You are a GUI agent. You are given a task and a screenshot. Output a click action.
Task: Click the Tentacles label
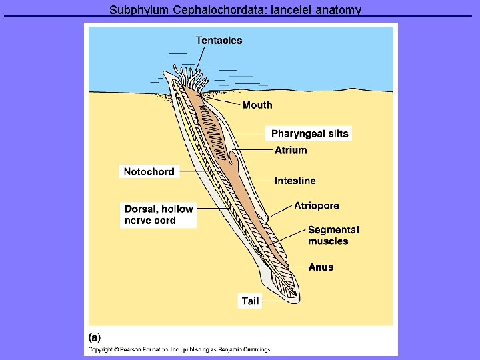pyautogui.click(x=219, y=41)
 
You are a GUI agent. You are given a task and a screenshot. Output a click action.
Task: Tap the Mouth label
pyautogui.click(x=257, y=105)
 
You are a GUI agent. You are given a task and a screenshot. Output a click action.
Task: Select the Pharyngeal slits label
pyautogui.click(x=309, y=134)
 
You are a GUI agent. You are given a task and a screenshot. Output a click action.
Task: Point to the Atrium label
pyautogui.click(x=291, y=151)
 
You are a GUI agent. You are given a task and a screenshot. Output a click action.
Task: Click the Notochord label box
pyautogui.click(x=149, y=172)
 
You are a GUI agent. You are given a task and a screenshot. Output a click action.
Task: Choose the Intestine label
pyautogui.click(x=295, y=181)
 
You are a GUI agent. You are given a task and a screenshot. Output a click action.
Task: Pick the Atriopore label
pyautogui.click(x=316, y=206)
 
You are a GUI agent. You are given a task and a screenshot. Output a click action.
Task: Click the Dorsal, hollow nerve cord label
pyautogui.click(x=159, y=215)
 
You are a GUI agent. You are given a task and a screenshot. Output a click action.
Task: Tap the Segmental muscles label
pyautogui.click(x=333, y=235)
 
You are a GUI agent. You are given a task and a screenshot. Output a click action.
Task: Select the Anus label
pyautogui.click(x=321, y=267)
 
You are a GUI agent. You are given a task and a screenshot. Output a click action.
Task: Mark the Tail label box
pyautogui.click(x=250, y=301)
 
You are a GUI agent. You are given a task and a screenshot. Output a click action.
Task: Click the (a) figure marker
pyautogui.click(x=95, y=337)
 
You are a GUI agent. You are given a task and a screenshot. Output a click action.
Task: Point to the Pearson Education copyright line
pyautogui.click(x=181, y=349)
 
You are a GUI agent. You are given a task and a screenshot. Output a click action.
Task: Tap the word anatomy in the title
pyautogui.click(x=339, y=10)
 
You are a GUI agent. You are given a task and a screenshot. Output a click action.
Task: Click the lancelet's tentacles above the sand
pyautogui.click(x=189, y=74)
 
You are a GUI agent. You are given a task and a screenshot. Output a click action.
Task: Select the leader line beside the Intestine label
pyautogui.click(x=253, y=181)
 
